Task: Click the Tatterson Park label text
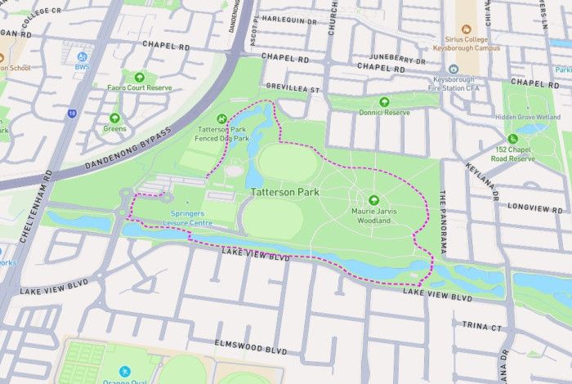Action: click(x=285, y=192)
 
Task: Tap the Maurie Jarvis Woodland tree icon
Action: click(x=374, y=199)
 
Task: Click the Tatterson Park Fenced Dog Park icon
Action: click(x=222, y=120)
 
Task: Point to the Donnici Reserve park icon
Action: click(x=384, y=101)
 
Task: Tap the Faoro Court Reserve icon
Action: click(x=139, y=77)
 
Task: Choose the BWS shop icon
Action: click(x=82, y=56)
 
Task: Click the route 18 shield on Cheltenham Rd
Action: click(x=72, y=113)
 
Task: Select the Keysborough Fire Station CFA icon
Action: click(x=454, y=69)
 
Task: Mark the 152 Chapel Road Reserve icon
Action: click(x=512, y=139)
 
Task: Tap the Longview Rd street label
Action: click(x=534, y=208)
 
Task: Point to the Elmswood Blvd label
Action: click(x=251, y=349)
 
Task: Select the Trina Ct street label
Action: click(x=482, y=325)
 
